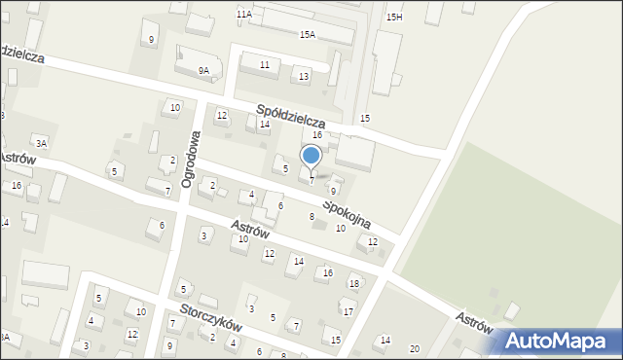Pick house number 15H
(394, 18)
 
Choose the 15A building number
(307, 34)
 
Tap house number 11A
(243, 15)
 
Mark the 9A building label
(203, 70)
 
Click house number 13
(304, 77)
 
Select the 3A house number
(42, 143)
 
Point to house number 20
(415, 348)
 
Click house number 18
(354, 283)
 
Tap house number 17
(348, 311)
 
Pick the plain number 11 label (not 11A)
(264, 64)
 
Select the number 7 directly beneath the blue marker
(311, 180)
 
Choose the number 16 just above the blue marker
(317, 135)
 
